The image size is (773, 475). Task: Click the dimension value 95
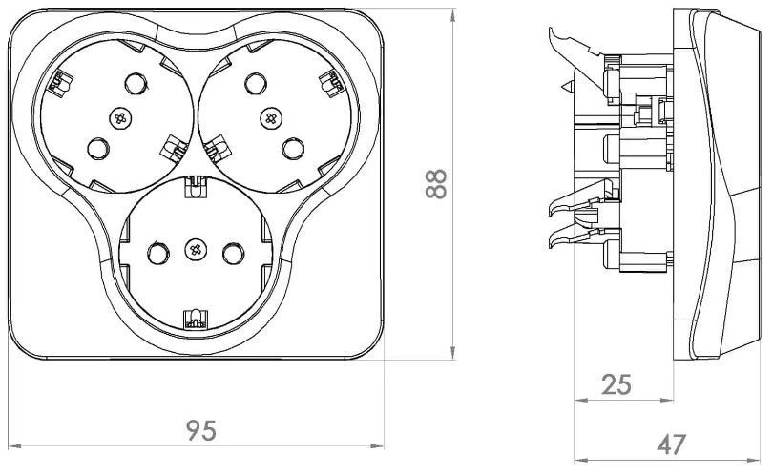(201, 430)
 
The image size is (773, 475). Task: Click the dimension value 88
(436, 184)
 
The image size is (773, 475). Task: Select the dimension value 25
(616, 384)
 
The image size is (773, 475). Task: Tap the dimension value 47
(672, 444)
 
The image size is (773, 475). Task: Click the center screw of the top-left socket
(119, 117)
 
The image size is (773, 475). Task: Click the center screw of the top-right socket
(271, 117)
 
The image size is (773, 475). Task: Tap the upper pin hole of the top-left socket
(136, 83)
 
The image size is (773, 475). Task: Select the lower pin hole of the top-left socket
(97, 148)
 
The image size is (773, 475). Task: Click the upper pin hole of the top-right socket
(256, 83)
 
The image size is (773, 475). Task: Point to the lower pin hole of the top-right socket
(293, 148)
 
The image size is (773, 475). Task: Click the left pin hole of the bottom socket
(157, 253)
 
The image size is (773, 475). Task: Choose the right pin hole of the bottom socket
(233, 253)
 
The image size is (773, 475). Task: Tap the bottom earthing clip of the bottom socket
(196, 319)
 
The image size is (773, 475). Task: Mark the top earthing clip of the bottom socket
(196, 187)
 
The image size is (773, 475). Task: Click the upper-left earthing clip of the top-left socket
(60, 83)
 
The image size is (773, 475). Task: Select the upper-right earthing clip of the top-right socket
(331, 83)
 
